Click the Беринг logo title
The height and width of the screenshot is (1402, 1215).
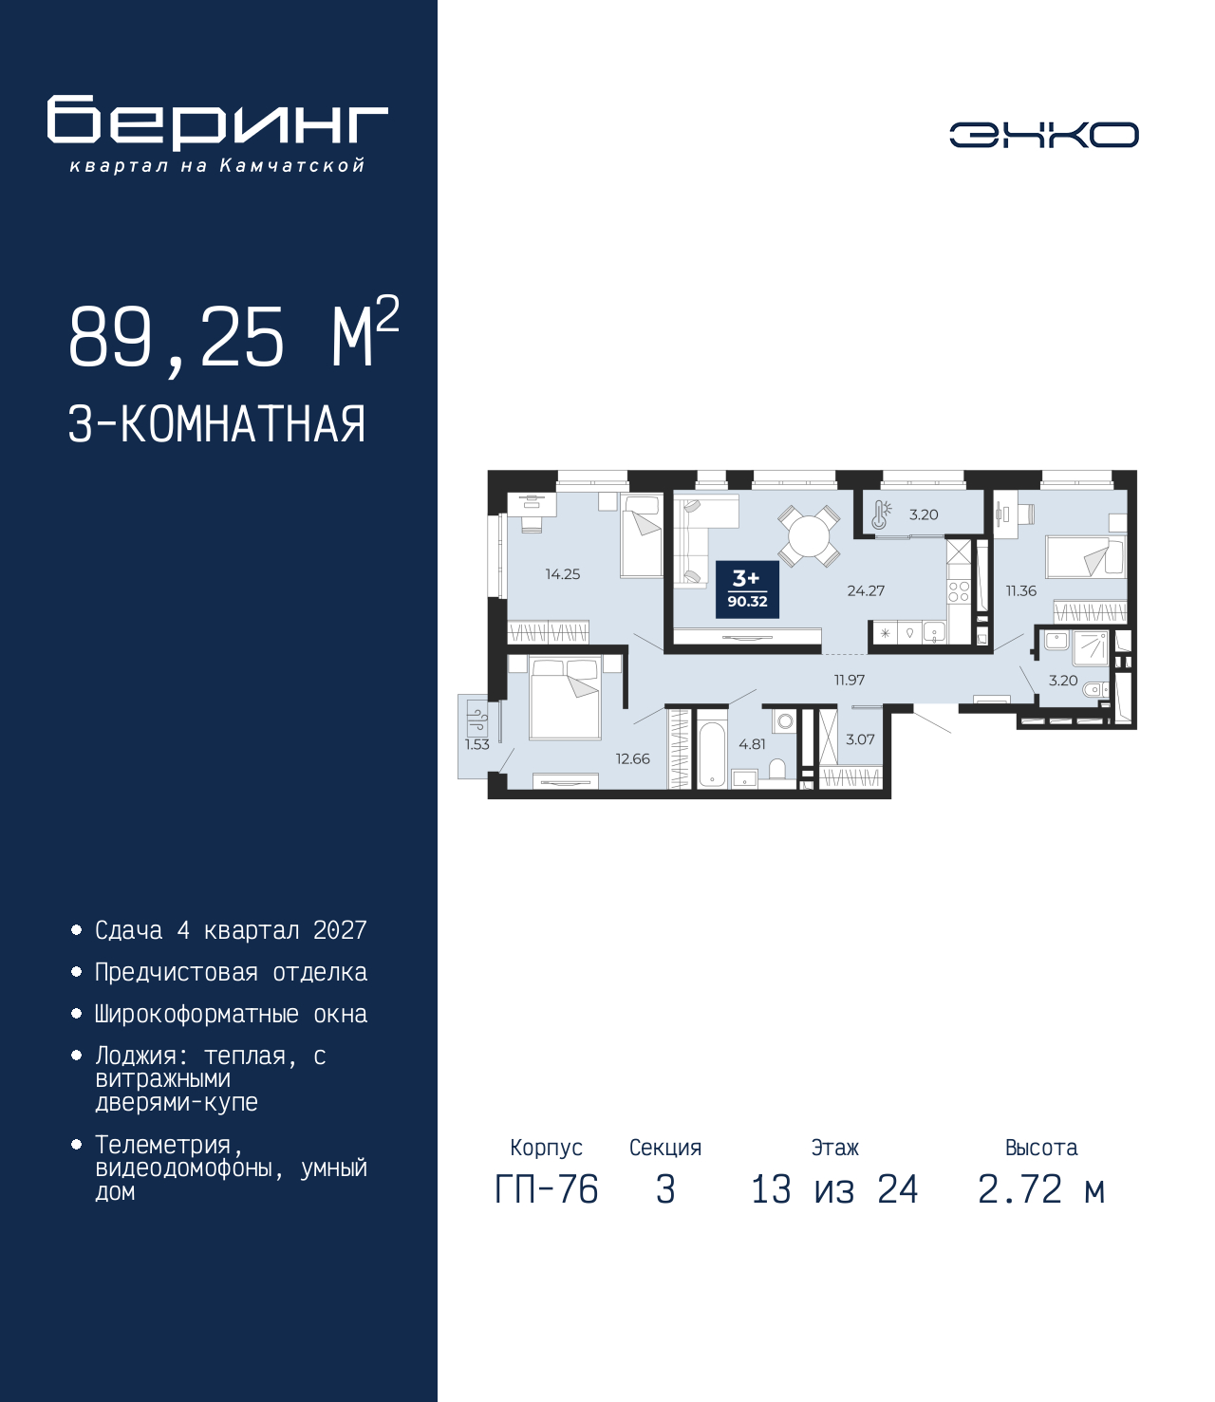tap(217, 122)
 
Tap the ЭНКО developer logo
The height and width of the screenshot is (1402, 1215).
tap(1043, 134)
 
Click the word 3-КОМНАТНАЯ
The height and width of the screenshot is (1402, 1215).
tap(217, 424)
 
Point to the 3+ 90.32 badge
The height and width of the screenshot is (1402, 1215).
tap(747, 589)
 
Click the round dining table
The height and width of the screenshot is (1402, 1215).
tap(808, 536)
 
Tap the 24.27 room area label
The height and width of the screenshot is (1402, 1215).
tap(866, 590)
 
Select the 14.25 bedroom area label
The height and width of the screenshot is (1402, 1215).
tap(562, 574)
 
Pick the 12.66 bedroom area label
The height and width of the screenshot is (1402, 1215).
tap(632, 759)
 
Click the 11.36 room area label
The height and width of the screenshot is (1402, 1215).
tap(1021, 590)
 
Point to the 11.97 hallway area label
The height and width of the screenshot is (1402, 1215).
tap(850, 680)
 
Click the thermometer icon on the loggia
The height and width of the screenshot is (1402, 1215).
tap(881, 514)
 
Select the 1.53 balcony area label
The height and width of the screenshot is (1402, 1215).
tap(477, 744)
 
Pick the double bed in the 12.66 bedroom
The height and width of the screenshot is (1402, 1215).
tap(565, 699)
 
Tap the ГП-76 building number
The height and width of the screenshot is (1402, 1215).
tap(546, 1190)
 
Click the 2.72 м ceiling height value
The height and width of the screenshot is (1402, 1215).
tap(1041, 1190)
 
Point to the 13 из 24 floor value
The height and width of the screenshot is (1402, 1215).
tap(834, 1190)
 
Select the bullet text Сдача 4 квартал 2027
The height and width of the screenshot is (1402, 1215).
tap(231, 930)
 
